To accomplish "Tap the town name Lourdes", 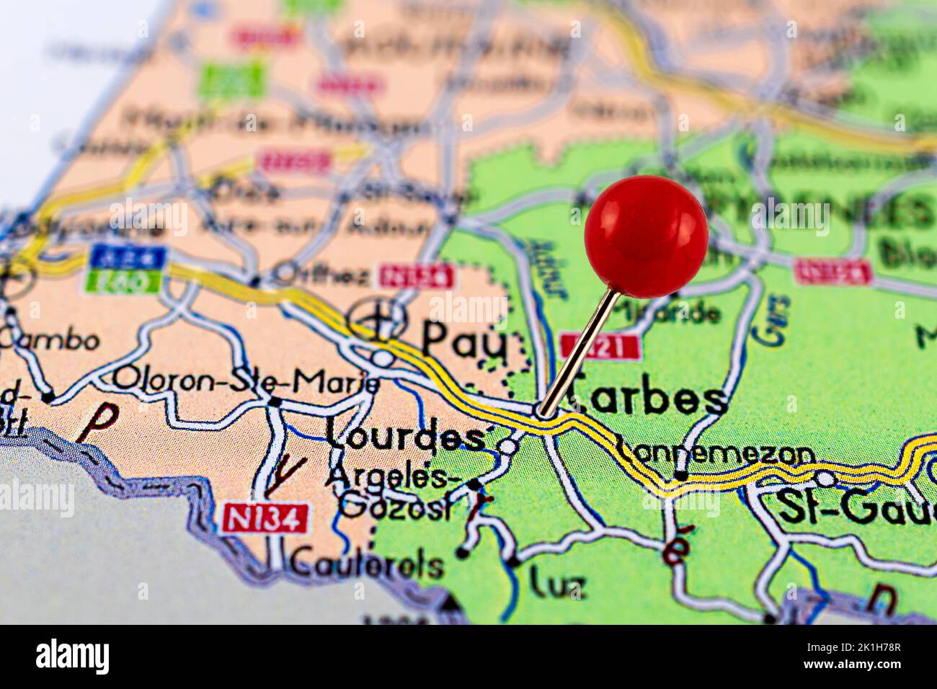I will pyautogui.click(x=404, y=435).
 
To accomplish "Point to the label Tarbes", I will pyautogui.click(x=646, y=398).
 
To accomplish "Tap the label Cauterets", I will pyautogui.click(x=366, y=564).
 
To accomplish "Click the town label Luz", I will pyautogui.click(x=556, y=584).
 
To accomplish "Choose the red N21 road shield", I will pyautogui.click(x=599, y=347).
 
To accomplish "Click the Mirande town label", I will pyautogui.click(x=678, y=312).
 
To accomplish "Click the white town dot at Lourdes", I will pyautogui.click(x=508, y=447).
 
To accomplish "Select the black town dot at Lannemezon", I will pyautogui.click(x=680, y=475).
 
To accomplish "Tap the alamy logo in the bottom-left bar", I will pyautogui.click(x=73, y=657).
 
